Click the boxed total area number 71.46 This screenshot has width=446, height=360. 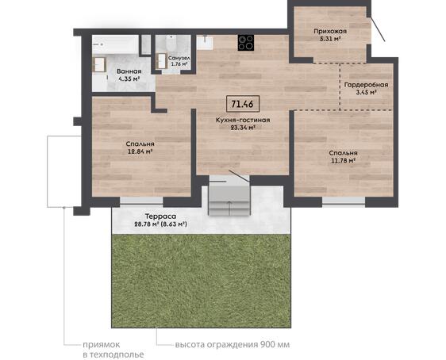click(x=243, y=104)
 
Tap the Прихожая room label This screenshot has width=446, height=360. click(x=330, y=31)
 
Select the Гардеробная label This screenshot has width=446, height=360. click(x=366, y=85)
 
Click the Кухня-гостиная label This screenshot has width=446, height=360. click(x=243, y=120)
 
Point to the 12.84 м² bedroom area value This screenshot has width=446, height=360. click(x=139, y=151)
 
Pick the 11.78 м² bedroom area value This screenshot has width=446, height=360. click(x=344, y=160)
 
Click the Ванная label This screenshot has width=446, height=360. click(x=129, y=71)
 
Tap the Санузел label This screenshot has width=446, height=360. click(x=179, y=58)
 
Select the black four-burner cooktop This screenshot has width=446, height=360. click(x=246, y=43)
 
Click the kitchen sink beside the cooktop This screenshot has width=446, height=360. click(x=205, y=42)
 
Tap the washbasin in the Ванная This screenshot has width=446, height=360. click(x=99, y=64)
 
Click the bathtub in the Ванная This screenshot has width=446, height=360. click(x=115, y=44)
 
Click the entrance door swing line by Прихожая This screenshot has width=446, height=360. click(x=378, y=29)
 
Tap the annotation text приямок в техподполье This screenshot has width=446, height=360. click(x=113, y=350)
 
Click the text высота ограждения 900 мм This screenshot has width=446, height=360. click(x=233, y=345)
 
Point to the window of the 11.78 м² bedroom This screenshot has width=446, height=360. click(x=344, y=201)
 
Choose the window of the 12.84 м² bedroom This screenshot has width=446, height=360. click(x=141, y=201)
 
